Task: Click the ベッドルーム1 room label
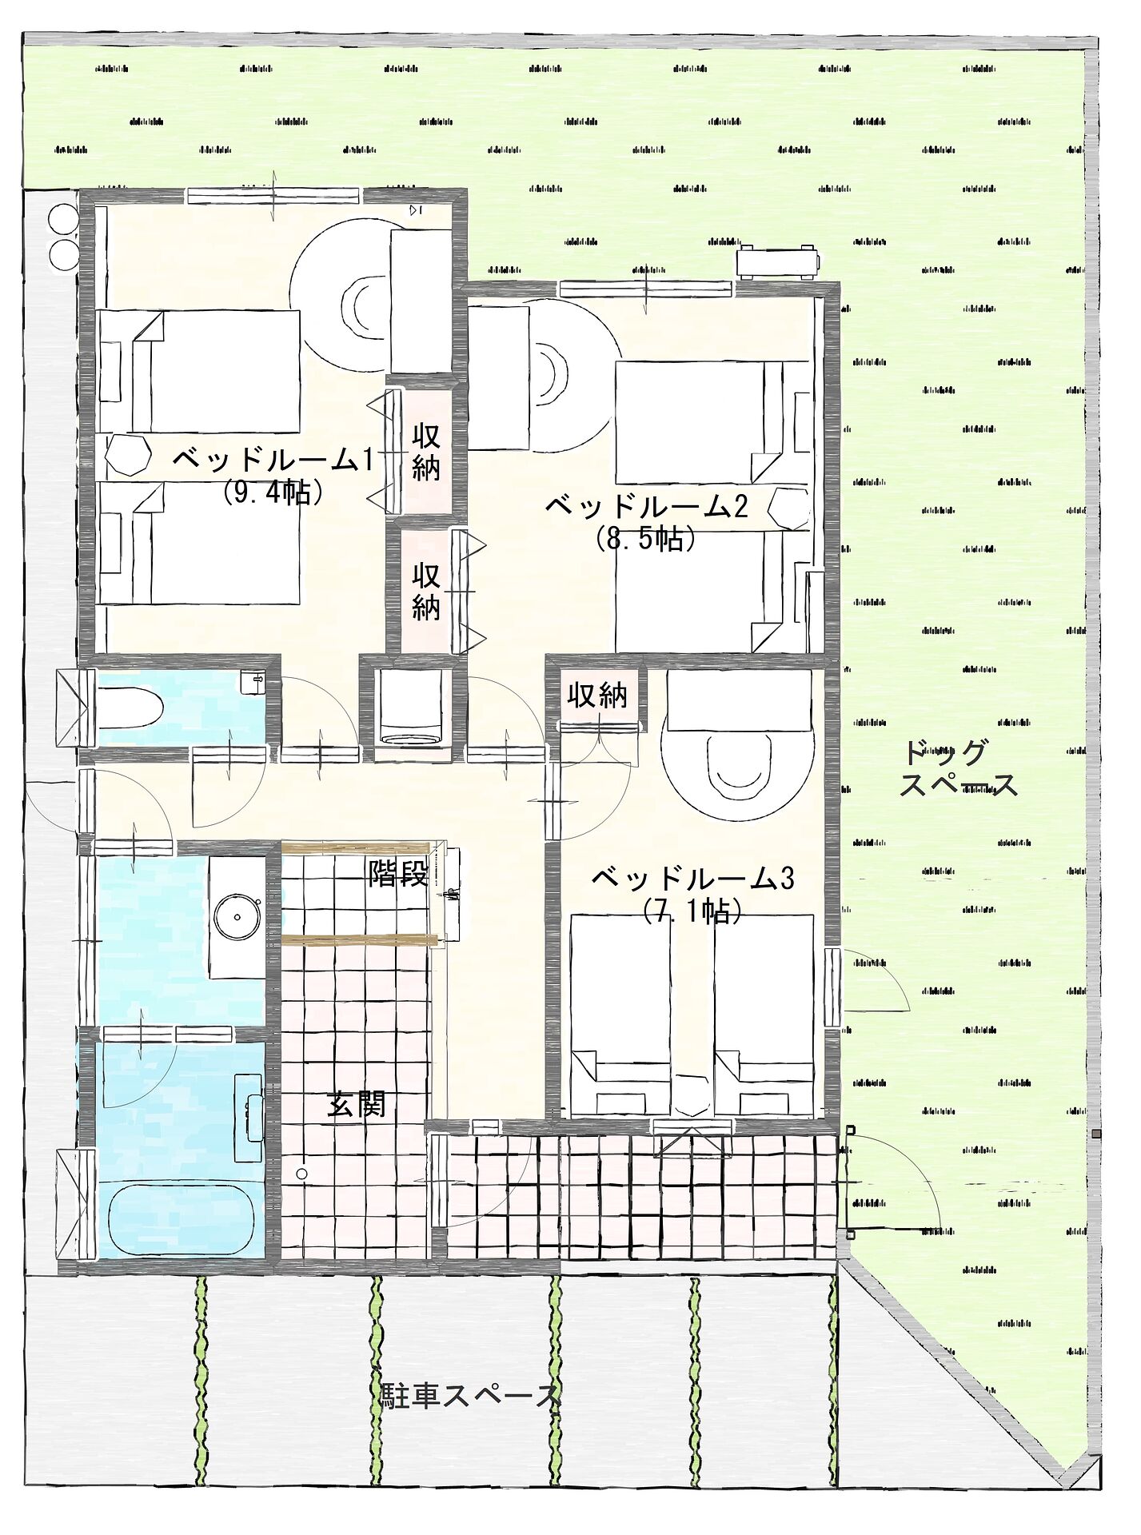(273, 460)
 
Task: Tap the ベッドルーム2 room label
(647, 507)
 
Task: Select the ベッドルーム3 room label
(692, 879)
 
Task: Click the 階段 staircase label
(398, 874)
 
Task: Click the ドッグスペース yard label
(959, 769)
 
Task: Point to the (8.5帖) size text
(646, 540)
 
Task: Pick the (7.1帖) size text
(693, 911)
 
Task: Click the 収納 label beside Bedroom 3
(597, 696)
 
